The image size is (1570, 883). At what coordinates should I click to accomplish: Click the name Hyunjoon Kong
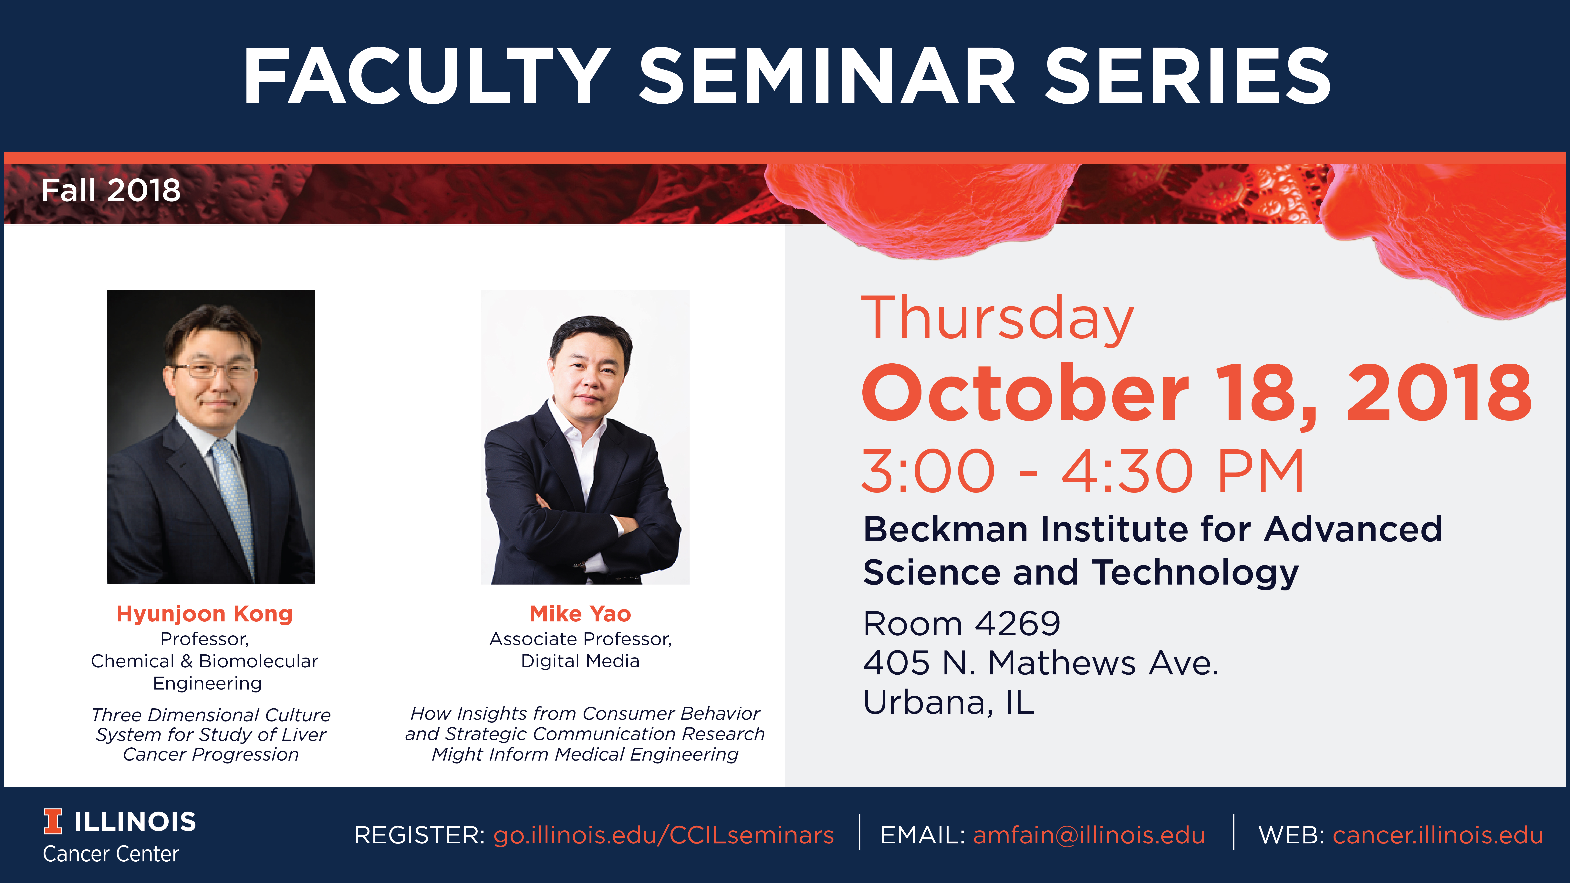click(205, 614)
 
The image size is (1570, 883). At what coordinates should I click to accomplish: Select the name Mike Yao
click(580, 614)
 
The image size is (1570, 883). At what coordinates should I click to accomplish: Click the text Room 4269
click(962, 623)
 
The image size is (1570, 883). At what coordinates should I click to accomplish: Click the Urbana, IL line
click(949, 703)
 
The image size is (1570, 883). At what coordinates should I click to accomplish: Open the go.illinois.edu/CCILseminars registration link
click(663, 835)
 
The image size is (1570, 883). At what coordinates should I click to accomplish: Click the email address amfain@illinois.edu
click(1088, 835)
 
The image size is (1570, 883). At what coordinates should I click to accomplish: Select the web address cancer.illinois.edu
click(1438, 835)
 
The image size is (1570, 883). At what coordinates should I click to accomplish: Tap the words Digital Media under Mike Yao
click(580, 661)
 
